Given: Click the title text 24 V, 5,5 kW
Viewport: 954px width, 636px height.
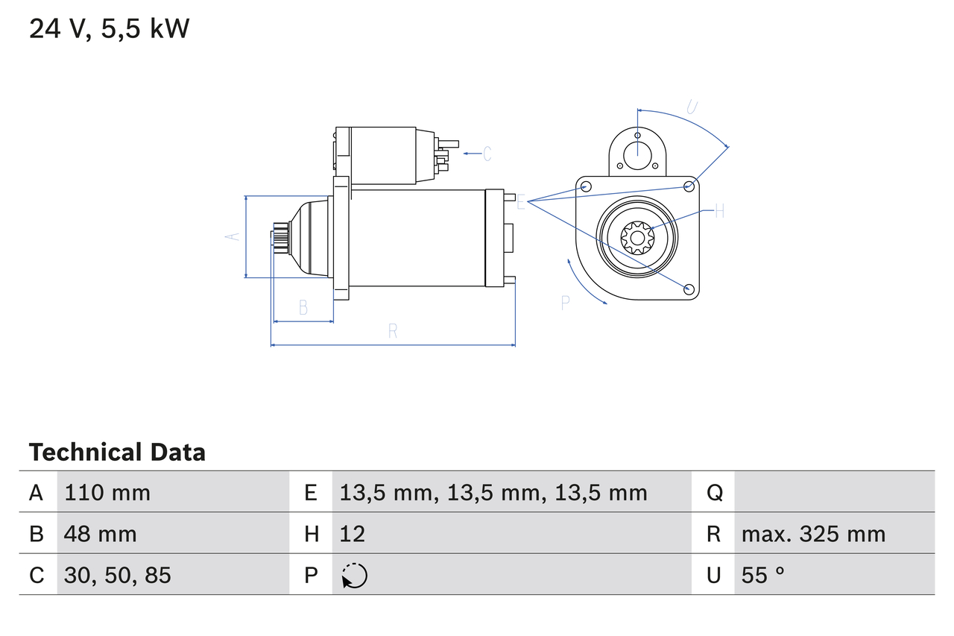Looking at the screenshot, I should coord(110,29).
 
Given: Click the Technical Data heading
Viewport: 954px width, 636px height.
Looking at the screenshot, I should coord(117,453).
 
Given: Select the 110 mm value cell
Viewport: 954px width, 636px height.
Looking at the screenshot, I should coord(107,492).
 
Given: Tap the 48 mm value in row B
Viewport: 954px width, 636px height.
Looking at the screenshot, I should coord(101,534).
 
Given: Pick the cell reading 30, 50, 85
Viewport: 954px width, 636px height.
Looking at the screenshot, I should coord(118,575).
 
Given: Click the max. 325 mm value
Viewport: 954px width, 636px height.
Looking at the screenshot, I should coord(813,534).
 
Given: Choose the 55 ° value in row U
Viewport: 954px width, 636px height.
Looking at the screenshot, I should coord(763,575).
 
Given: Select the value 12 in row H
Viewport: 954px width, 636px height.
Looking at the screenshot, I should coord(352,534).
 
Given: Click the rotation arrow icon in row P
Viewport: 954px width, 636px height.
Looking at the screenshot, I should coord(354,576).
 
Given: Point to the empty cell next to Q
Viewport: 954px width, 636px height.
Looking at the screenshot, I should coord(833,492).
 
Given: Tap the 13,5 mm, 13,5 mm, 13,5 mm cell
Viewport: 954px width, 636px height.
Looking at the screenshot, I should coord(493,492).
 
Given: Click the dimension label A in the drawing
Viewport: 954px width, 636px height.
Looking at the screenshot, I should coord(233,236).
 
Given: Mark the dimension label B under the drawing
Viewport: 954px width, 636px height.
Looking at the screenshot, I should coord(303,307).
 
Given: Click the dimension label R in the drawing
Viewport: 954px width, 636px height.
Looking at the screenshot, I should coord(393,332).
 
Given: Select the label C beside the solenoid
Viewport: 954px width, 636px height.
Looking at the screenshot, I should coord(487,154).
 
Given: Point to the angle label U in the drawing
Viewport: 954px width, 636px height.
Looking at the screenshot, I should coord(692,107).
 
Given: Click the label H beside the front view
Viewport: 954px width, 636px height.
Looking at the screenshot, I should coord(719,211).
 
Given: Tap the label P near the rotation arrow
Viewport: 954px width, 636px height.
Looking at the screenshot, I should coord(565,302).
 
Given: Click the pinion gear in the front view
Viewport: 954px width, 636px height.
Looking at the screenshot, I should coord(637,239).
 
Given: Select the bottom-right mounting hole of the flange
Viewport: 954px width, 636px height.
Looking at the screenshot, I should coord(689,289).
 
